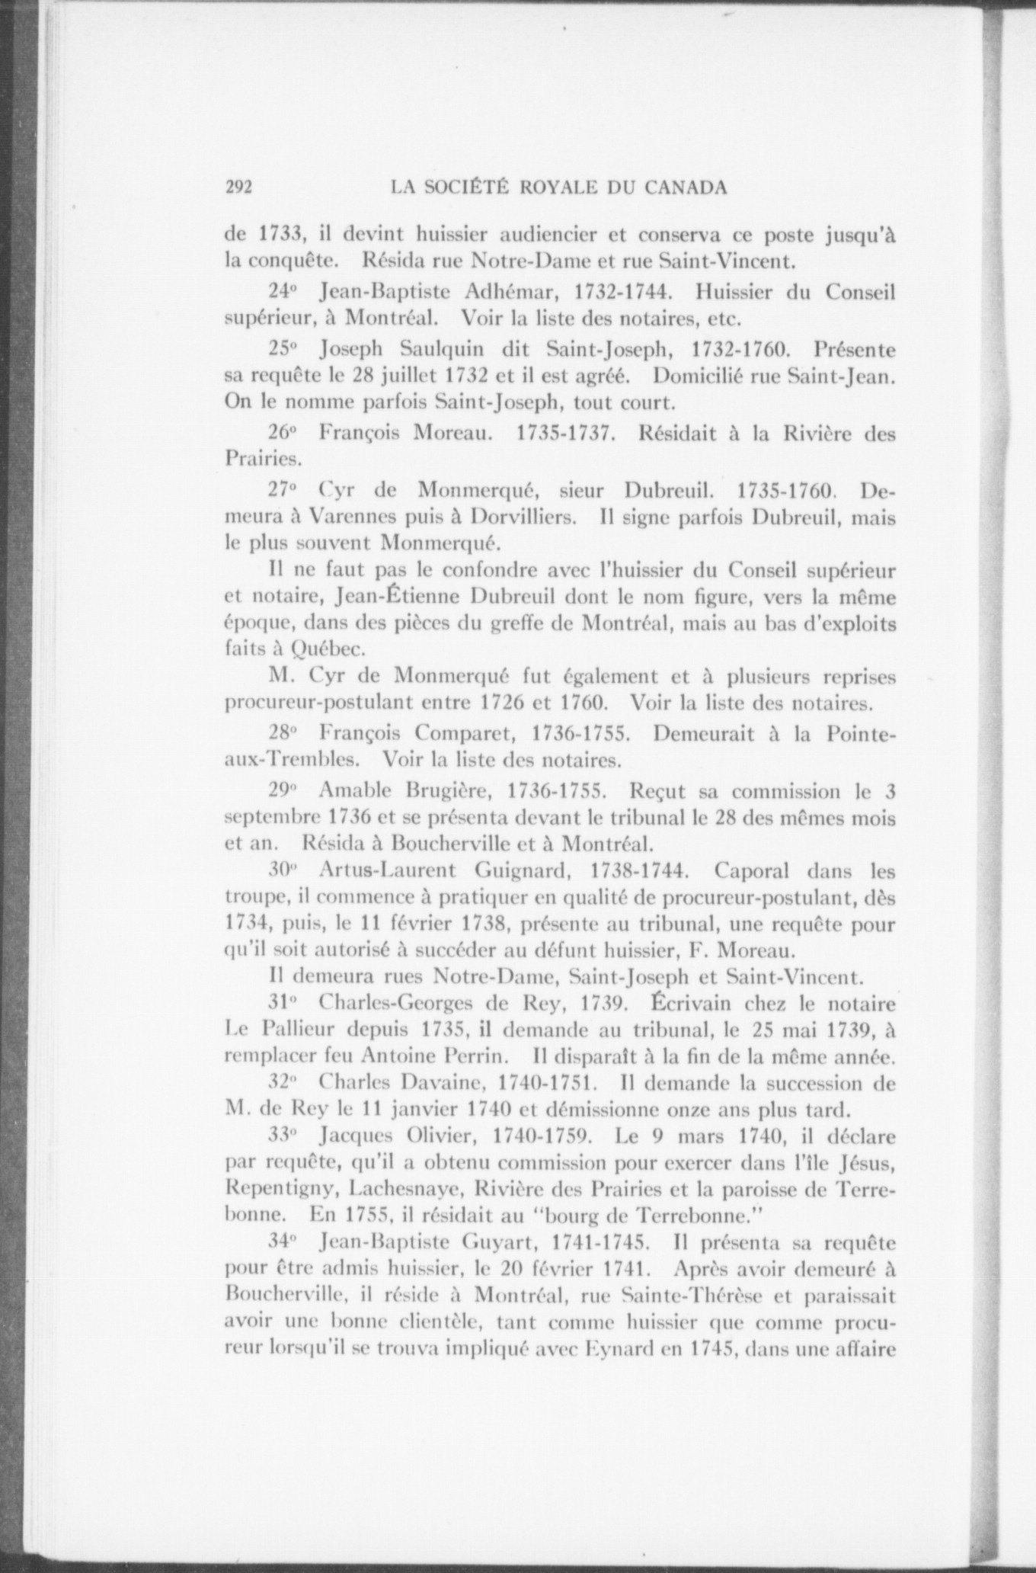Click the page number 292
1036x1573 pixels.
pos(238,188)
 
